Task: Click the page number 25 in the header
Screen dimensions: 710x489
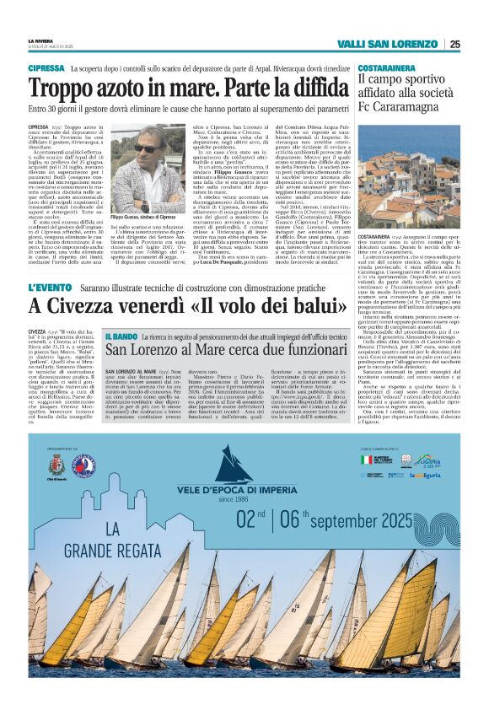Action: click(x=454, y=44)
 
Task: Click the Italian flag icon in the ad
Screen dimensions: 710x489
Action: click(x=366, y=460)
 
